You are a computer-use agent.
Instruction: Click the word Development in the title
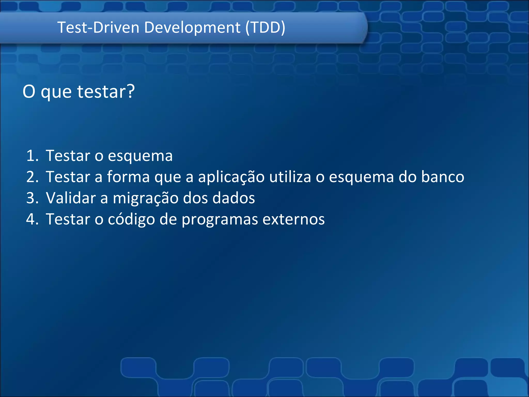click(192, 27)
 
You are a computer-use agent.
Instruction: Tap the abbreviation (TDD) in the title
click(265, 27)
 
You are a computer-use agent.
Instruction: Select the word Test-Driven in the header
click(98, 27)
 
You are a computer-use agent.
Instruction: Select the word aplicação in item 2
click(231, 177)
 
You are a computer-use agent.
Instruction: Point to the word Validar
click(71, 198)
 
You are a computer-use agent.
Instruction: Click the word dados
click(234, 198)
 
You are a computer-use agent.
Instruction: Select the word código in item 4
click(131, 220)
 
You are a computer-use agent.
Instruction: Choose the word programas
click(220, 220)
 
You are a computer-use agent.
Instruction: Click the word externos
click(293, 219)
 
